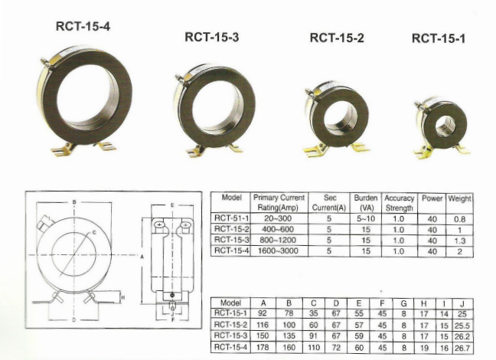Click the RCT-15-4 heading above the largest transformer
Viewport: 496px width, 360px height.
click(83, 26)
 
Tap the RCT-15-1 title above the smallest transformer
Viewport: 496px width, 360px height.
click(439, 38)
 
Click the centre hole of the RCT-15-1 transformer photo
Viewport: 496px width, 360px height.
click(445, 126)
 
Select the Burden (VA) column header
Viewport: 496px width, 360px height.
click(366, 203)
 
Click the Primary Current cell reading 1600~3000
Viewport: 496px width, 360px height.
click(278, 251)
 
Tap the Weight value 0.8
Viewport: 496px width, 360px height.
click(459, 219)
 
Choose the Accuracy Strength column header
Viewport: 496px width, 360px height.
click(400, 203)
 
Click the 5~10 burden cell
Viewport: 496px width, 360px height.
click(366, 218)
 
